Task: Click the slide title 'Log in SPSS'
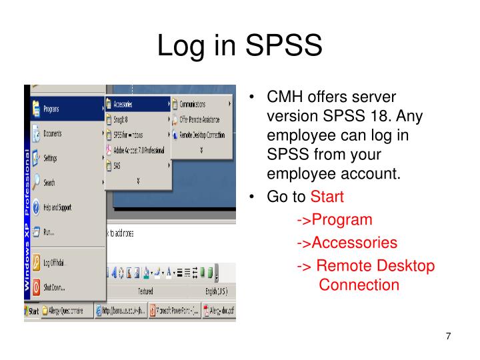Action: click(239, 45)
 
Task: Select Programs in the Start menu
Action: click(52, 108)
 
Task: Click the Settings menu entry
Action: click(50, 159)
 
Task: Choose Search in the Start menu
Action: click(49, 183)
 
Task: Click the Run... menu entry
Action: click(49, 232)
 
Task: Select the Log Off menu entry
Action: click(55, 263)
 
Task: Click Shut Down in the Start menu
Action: click(54, 287)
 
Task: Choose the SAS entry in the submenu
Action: click(117, 165)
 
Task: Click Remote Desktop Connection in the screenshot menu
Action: click(201, 135)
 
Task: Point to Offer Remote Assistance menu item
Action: click(200, 120)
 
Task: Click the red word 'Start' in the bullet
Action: click(327, 198)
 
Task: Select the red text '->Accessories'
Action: click(347, 242)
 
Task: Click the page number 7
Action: click(449, 336)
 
